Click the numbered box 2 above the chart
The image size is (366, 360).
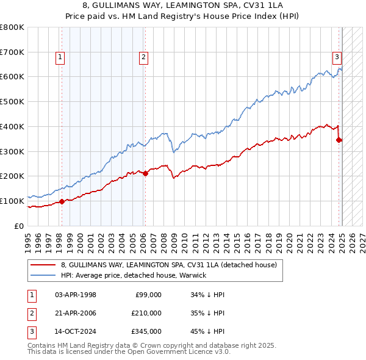(143, 58)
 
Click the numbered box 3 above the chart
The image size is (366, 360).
(337, 58)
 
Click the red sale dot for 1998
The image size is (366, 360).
(62, 201)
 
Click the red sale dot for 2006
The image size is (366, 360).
(145, 174)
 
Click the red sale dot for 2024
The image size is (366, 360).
(339, 140)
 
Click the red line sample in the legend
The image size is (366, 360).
(43, 265)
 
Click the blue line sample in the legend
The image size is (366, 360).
(43, 275)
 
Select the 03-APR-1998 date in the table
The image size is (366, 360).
(76, 295)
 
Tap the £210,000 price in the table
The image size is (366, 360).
(147, 313)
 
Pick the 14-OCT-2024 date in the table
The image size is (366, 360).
(76, 331)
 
